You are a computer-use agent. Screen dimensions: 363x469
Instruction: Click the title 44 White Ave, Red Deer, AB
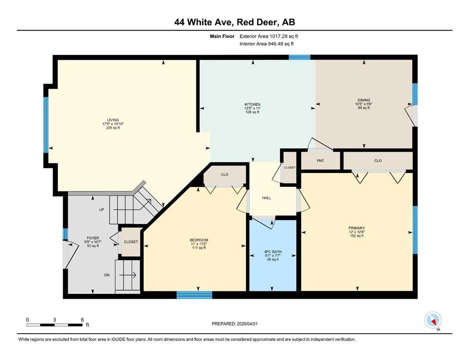click(234, 22)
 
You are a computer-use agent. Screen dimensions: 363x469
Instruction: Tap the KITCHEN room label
click(252, 104)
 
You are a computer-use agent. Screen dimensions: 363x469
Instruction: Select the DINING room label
click(363, 100)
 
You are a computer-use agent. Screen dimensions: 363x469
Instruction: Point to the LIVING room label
click(112, 120)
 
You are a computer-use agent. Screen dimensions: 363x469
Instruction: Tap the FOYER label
click(92, 238)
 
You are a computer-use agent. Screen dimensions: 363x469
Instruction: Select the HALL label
click(266, 198)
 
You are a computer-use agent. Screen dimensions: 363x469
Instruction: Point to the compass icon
click(433, 320)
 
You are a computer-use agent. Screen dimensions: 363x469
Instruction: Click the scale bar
click(55, 325)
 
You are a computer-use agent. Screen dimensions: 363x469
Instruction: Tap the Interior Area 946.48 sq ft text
click(267, 43)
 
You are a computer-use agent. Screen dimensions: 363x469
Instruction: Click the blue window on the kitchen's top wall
click(299, 57)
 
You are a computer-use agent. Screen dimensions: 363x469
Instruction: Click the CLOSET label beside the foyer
click(131, 242)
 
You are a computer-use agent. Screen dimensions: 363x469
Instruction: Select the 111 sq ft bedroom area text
click(198, 248)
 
